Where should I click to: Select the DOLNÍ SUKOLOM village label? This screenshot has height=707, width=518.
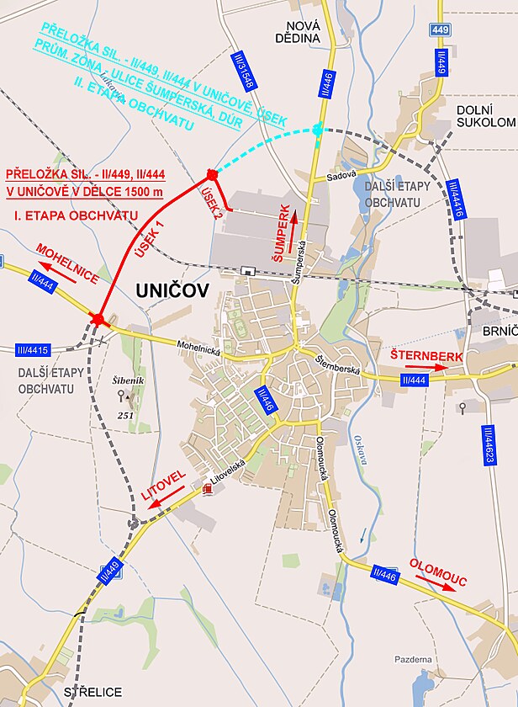click(x=485, y=116)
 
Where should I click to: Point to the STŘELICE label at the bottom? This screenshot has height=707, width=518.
click(x=92, y=692)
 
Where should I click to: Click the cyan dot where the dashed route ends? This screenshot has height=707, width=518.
click(x=317, y=129)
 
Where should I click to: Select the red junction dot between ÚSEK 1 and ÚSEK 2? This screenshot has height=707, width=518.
click(x=212, y=174)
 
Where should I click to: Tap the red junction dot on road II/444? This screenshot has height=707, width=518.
click(x=99, y=319)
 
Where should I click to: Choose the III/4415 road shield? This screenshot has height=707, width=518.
click(x=32, y=349)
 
